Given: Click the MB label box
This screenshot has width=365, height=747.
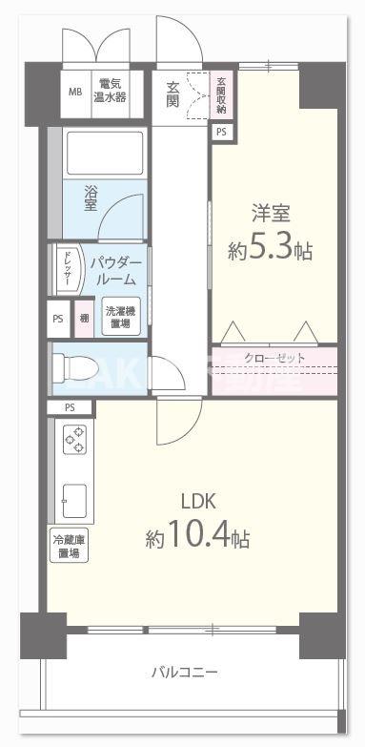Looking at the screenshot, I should (75, 93).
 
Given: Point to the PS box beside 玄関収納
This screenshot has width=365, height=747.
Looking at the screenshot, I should (221, 133).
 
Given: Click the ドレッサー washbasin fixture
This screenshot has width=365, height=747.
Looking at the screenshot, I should (70, 270).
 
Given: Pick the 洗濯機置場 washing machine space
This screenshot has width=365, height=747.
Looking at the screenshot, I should (119, 318).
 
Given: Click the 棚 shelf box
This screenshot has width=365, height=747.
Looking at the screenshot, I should (84, 319).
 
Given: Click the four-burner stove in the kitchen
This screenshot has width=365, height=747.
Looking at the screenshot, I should (74, 440).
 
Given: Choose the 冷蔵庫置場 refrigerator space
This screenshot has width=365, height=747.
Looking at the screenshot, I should (69, 547).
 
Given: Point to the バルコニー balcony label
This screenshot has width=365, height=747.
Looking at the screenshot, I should (184, 673).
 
